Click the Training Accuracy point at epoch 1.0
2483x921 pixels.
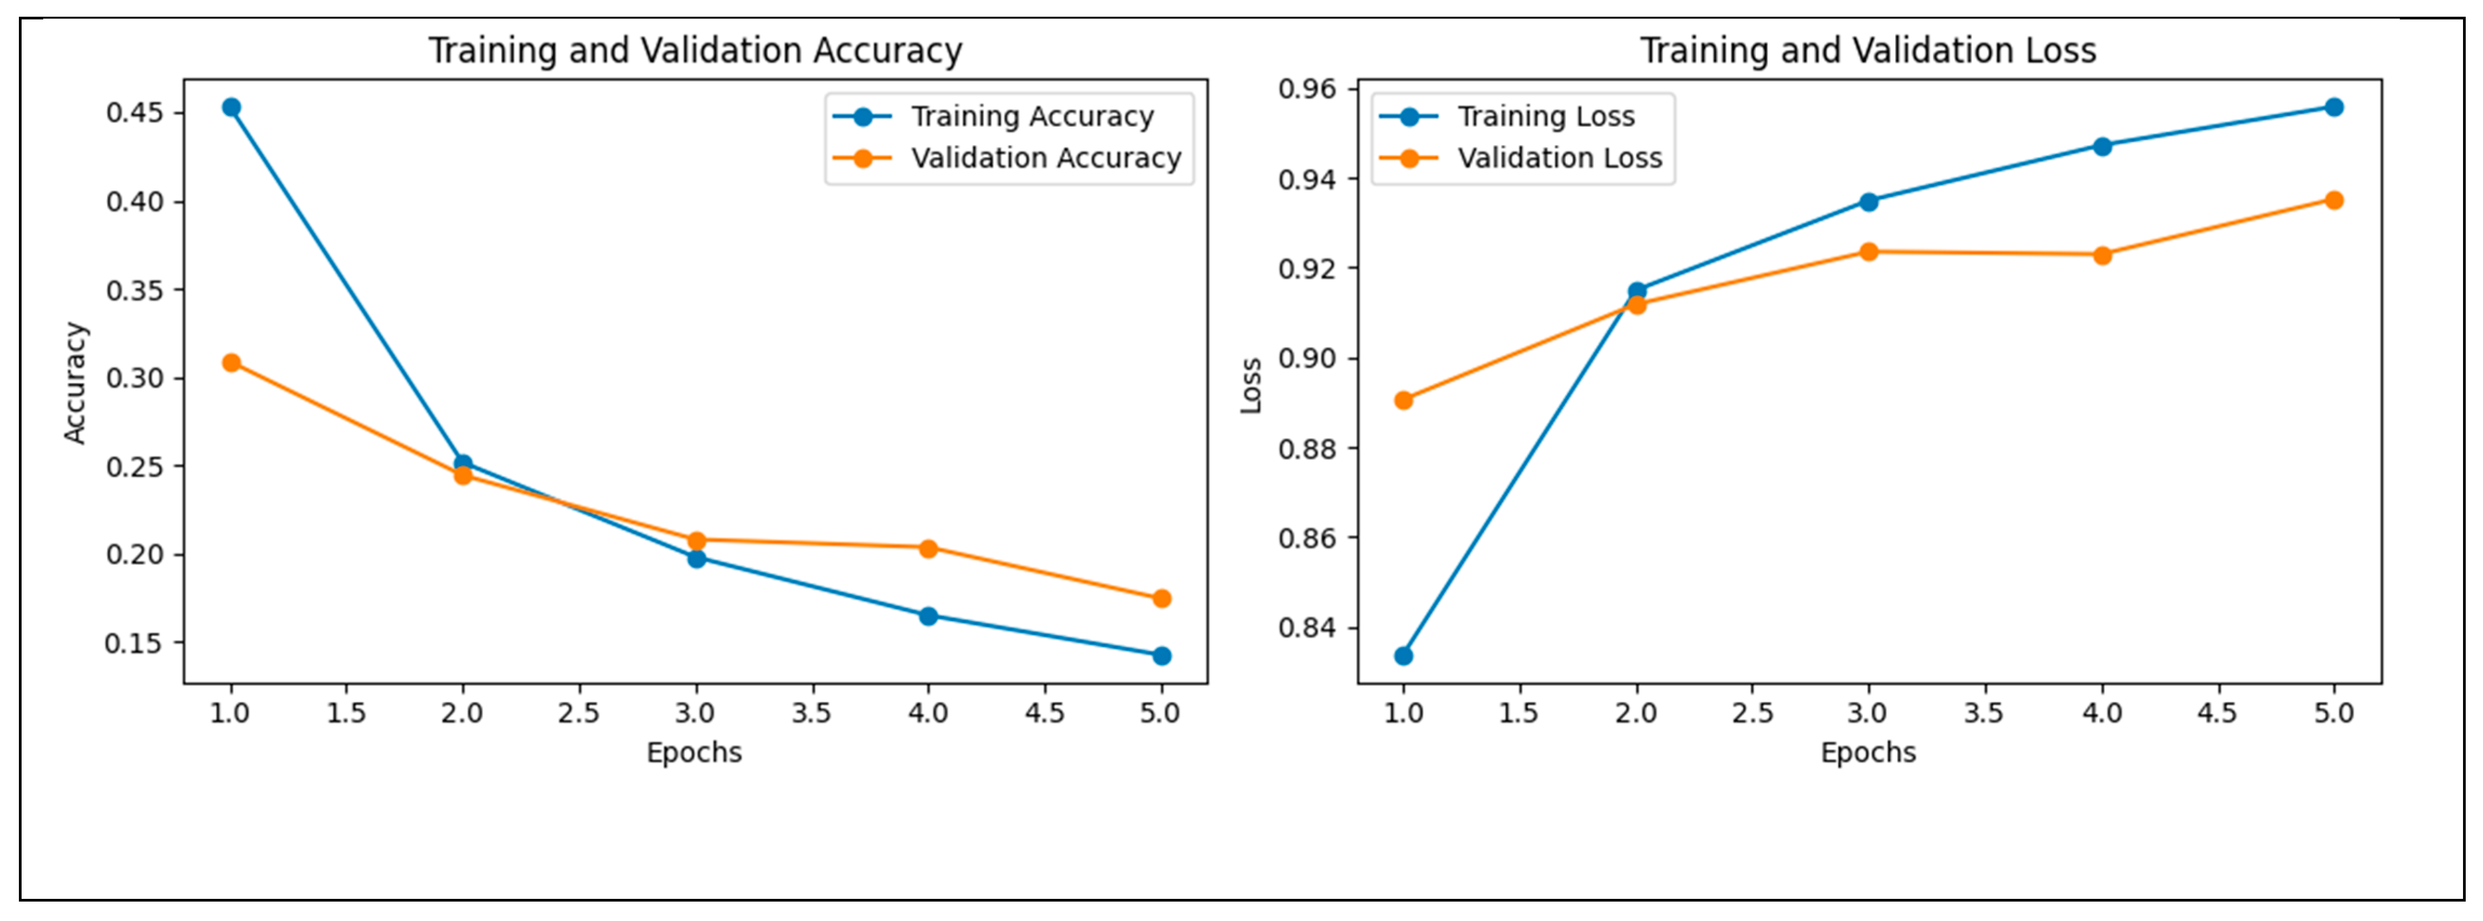pyautogui.click(x=232, y=107)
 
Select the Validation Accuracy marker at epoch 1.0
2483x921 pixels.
pyautogui.click(x=232, y=362)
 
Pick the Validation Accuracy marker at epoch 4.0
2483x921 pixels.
pyautogui.click(x=928, y=548)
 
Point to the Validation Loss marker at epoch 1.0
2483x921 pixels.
pyautogui.click(x=1403, y=400)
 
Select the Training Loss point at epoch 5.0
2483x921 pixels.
pyautogui.click(x=2333, y=107)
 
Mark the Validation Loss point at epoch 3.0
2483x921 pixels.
pyautogui.click(x=1868, y=251)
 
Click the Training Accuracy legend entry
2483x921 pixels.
pyautogui.click(x=1032, y=117)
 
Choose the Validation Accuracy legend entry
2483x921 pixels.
pyautogui.click(x=1046, y=158)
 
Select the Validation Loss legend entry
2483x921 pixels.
pyautogui.click(x=1559, y=158)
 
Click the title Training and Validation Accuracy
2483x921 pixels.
pyautogui.click(x=695, y=50)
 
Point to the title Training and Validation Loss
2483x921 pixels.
pyautogui.click(x=1868, y=50)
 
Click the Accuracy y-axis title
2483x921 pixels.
pyautogui.click(x=75, y=383)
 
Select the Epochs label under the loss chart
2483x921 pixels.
pyautogui.click(x=1868, y=753)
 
